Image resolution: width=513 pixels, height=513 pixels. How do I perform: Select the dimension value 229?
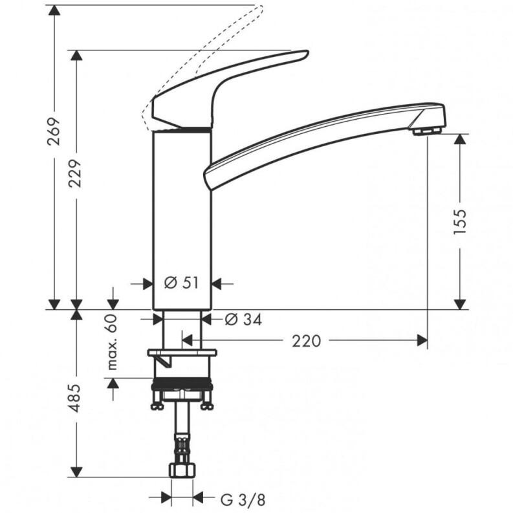point(76,173)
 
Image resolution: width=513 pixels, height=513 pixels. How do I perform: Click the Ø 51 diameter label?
point(180,283)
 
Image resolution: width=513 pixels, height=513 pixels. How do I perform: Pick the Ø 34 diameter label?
point(243,319)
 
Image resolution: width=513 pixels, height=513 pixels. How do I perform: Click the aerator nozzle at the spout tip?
point(425,131)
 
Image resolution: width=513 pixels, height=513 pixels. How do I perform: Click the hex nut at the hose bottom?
point(182,469)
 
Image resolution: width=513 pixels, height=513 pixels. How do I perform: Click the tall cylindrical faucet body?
point(182,220)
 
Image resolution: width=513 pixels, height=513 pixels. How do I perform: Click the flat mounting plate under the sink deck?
point(182,354)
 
